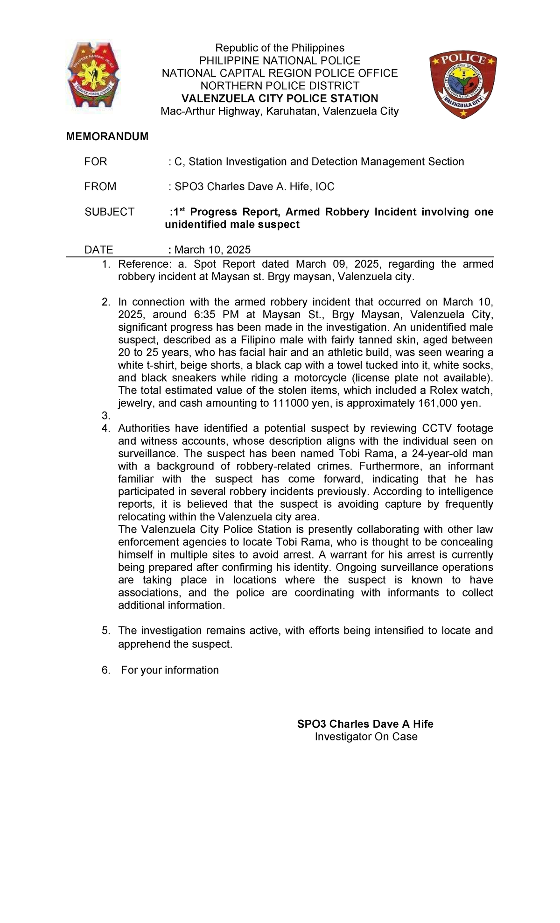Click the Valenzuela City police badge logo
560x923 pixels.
[x=462, y=85]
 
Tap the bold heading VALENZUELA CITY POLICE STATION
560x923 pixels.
[x=280, y=99]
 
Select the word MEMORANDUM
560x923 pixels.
[x=107, y=136]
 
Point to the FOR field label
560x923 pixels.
[x=96, y=162]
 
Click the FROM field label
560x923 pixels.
[x=100, y=187]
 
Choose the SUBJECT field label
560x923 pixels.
[x=109, y=212]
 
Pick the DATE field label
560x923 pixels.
[x=98, y=250]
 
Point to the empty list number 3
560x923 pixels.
[x=105, y=416]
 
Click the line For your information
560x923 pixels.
[x=170, y=670]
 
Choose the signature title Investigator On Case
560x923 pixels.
[x=366, y=737]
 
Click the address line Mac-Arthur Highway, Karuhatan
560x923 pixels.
[x=280, y=111]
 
